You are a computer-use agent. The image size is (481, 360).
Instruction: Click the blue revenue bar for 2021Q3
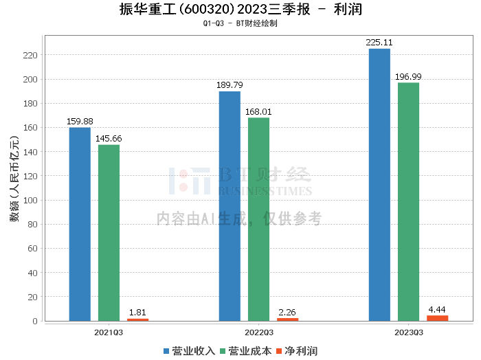pos(80,224)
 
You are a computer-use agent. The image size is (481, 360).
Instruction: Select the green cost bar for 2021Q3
pos(109,233)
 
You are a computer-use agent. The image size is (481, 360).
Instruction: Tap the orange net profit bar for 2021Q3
pos(137,319)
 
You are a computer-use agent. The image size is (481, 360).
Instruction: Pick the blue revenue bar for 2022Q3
pos(230,206)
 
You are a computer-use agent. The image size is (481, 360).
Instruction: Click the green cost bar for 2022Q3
pos(258,219)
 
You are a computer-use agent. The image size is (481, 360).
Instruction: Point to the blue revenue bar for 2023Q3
pos(379,185)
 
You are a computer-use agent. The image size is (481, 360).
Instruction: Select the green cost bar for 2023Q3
pos(408,201)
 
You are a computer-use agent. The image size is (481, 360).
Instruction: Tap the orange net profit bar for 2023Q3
pos(437,317)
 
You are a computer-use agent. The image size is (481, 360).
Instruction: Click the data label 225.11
pos(379,43)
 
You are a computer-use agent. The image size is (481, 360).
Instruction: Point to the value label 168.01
pos(258,111)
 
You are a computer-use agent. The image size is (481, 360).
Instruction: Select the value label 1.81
pos(137,313)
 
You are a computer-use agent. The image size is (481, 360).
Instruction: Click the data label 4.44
pos(437,309)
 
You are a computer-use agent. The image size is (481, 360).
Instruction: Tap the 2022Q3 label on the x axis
pos(258,332)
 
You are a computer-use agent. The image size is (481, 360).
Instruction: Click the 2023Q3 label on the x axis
pos(408,332)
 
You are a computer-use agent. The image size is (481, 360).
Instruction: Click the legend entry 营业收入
pos(189,351)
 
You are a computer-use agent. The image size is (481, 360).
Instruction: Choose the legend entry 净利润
pos(296,351)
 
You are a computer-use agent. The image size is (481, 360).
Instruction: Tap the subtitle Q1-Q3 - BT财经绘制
pos(240,23)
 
